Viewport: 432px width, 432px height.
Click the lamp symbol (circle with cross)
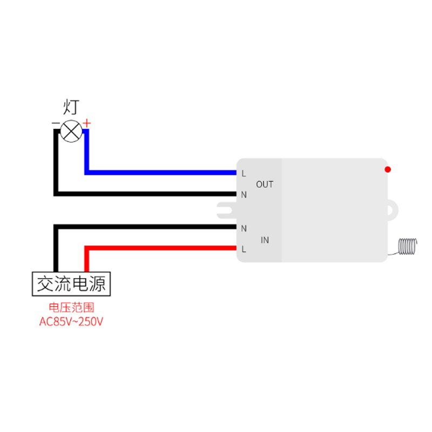pos(71,131)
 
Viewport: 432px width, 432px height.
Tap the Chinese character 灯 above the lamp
pos(71,106)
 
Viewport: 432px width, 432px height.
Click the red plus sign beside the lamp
pos(87,124)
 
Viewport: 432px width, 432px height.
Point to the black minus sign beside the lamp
pos(55,124)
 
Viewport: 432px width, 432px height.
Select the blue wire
pos(162,173)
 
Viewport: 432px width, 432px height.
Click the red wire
pos(162,248)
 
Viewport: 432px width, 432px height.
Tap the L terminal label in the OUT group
pos(244,173)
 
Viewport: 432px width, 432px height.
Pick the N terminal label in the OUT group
pos(244,194)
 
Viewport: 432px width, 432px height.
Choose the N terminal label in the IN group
pos(244,228)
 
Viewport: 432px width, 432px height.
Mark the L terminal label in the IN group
pos(244,249)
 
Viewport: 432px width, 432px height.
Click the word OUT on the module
pos(265,184)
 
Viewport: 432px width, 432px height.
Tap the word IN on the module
pos(265,240)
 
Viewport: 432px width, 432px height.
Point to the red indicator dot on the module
pos(387,170)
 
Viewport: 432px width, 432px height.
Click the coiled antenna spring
pos(406,246)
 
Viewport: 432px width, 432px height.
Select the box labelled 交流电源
pos(71,283)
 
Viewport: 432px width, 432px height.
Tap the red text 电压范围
pos(71,308)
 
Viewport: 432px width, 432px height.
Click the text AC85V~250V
pos(71,322)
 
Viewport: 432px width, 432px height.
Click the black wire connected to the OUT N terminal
pos(146,193)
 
